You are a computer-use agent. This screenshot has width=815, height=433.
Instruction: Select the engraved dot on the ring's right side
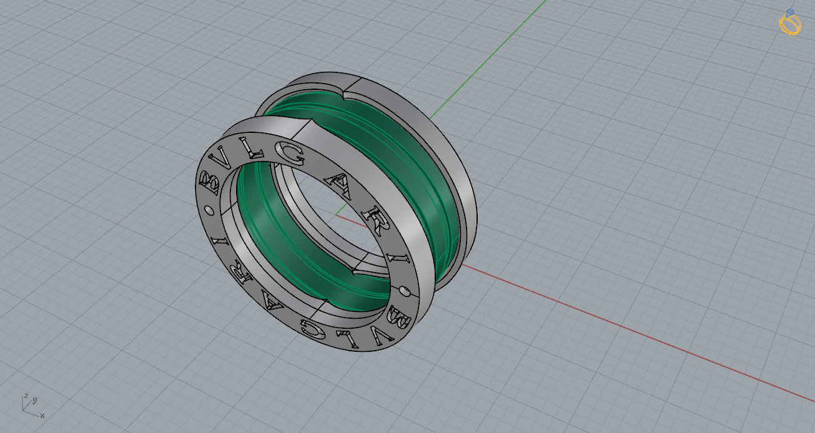406,290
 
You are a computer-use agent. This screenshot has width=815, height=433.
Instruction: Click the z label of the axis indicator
26,396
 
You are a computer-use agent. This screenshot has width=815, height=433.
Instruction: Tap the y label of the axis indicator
34,400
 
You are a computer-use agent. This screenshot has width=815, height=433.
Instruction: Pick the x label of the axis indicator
42,415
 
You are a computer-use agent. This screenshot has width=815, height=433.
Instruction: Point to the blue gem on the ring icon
790,12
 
